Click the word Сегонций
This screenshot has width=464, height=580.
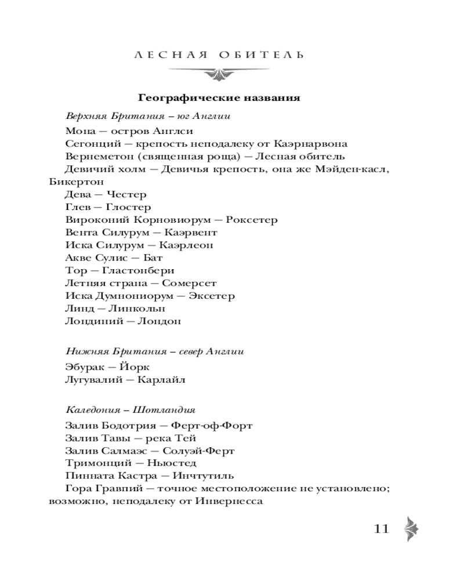pos(93,144)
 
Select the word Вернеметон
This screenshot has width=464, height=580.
pos(99,157)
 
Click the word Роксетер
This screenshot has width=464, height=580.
pos(252,220)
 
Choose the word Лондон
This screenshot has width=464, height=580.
pos(158,321)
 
